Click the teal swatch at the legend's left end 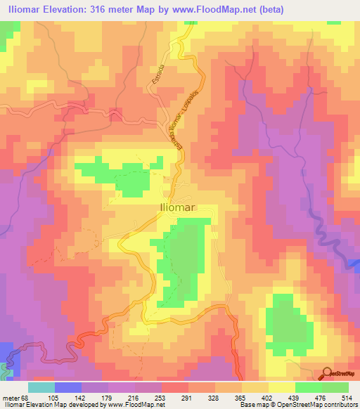tap(41, 387)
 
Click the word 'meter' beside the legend tap(10, 397)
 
